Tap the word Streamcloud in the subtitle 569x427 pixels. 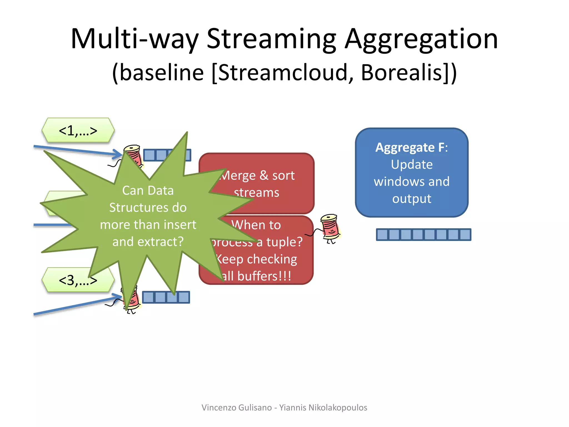click(x=283, y=73)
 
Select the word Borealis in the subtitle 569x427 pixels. click(x=401, y=73)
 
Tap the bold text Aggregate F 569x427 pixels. click(x=411, y=147)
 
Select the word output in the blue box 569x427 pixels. click(x=412, y=199)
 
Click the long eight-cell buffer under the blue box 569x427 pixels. click(x=423, y=235)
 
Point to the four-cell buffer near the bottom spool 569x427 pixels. click(x=166, y=297)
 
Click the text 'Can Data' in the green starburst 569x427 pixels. click(x=148, y=191)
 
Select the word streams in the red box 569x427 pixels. click(x=256, y=193)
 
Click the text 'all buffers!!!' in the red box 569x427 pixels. click(x=257, y=276)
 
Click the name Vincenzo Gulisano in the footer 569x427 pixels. click(x=236, y=408)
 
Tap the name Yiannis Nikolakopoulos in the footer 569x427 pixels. click(x=323, y=408)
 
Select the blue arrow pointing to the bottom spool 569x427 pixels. click(x=75, y=306)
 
